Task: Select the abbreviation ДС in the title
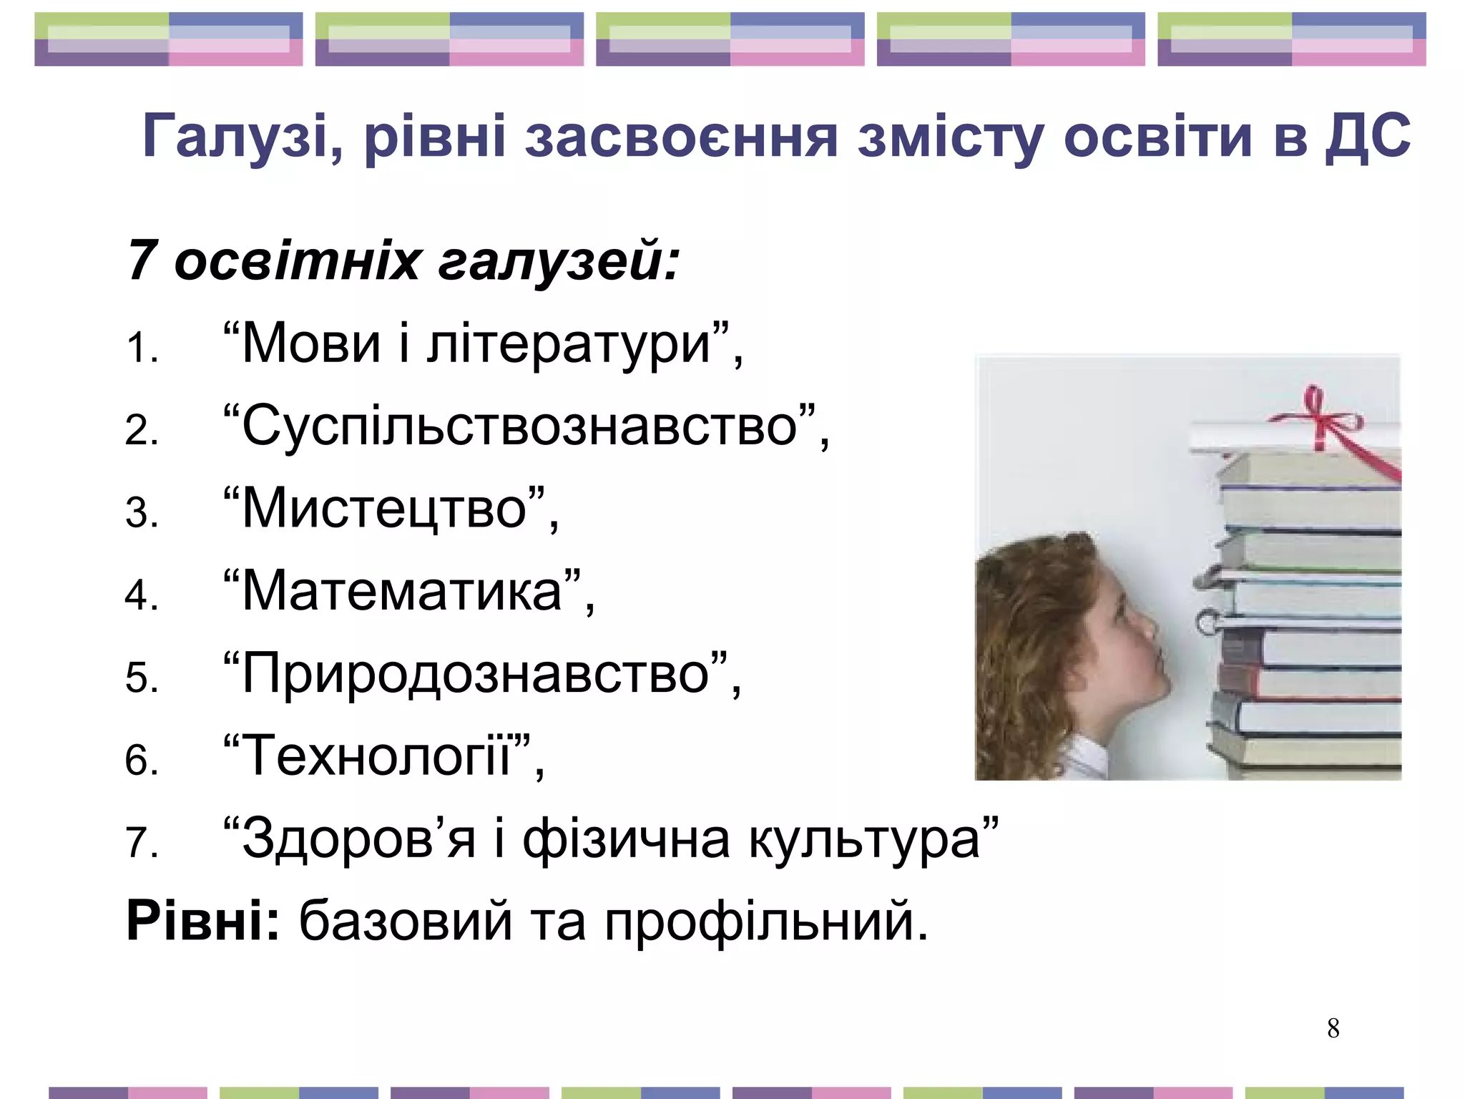pos(1368,136)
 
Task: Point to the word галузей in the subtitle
pos(558,261)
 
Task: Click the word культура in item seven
pos(863,839)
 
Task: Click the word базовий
pos(405,922)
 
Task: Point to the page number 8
pos(1333,1029)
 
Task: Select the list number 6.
pos(141,760)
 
